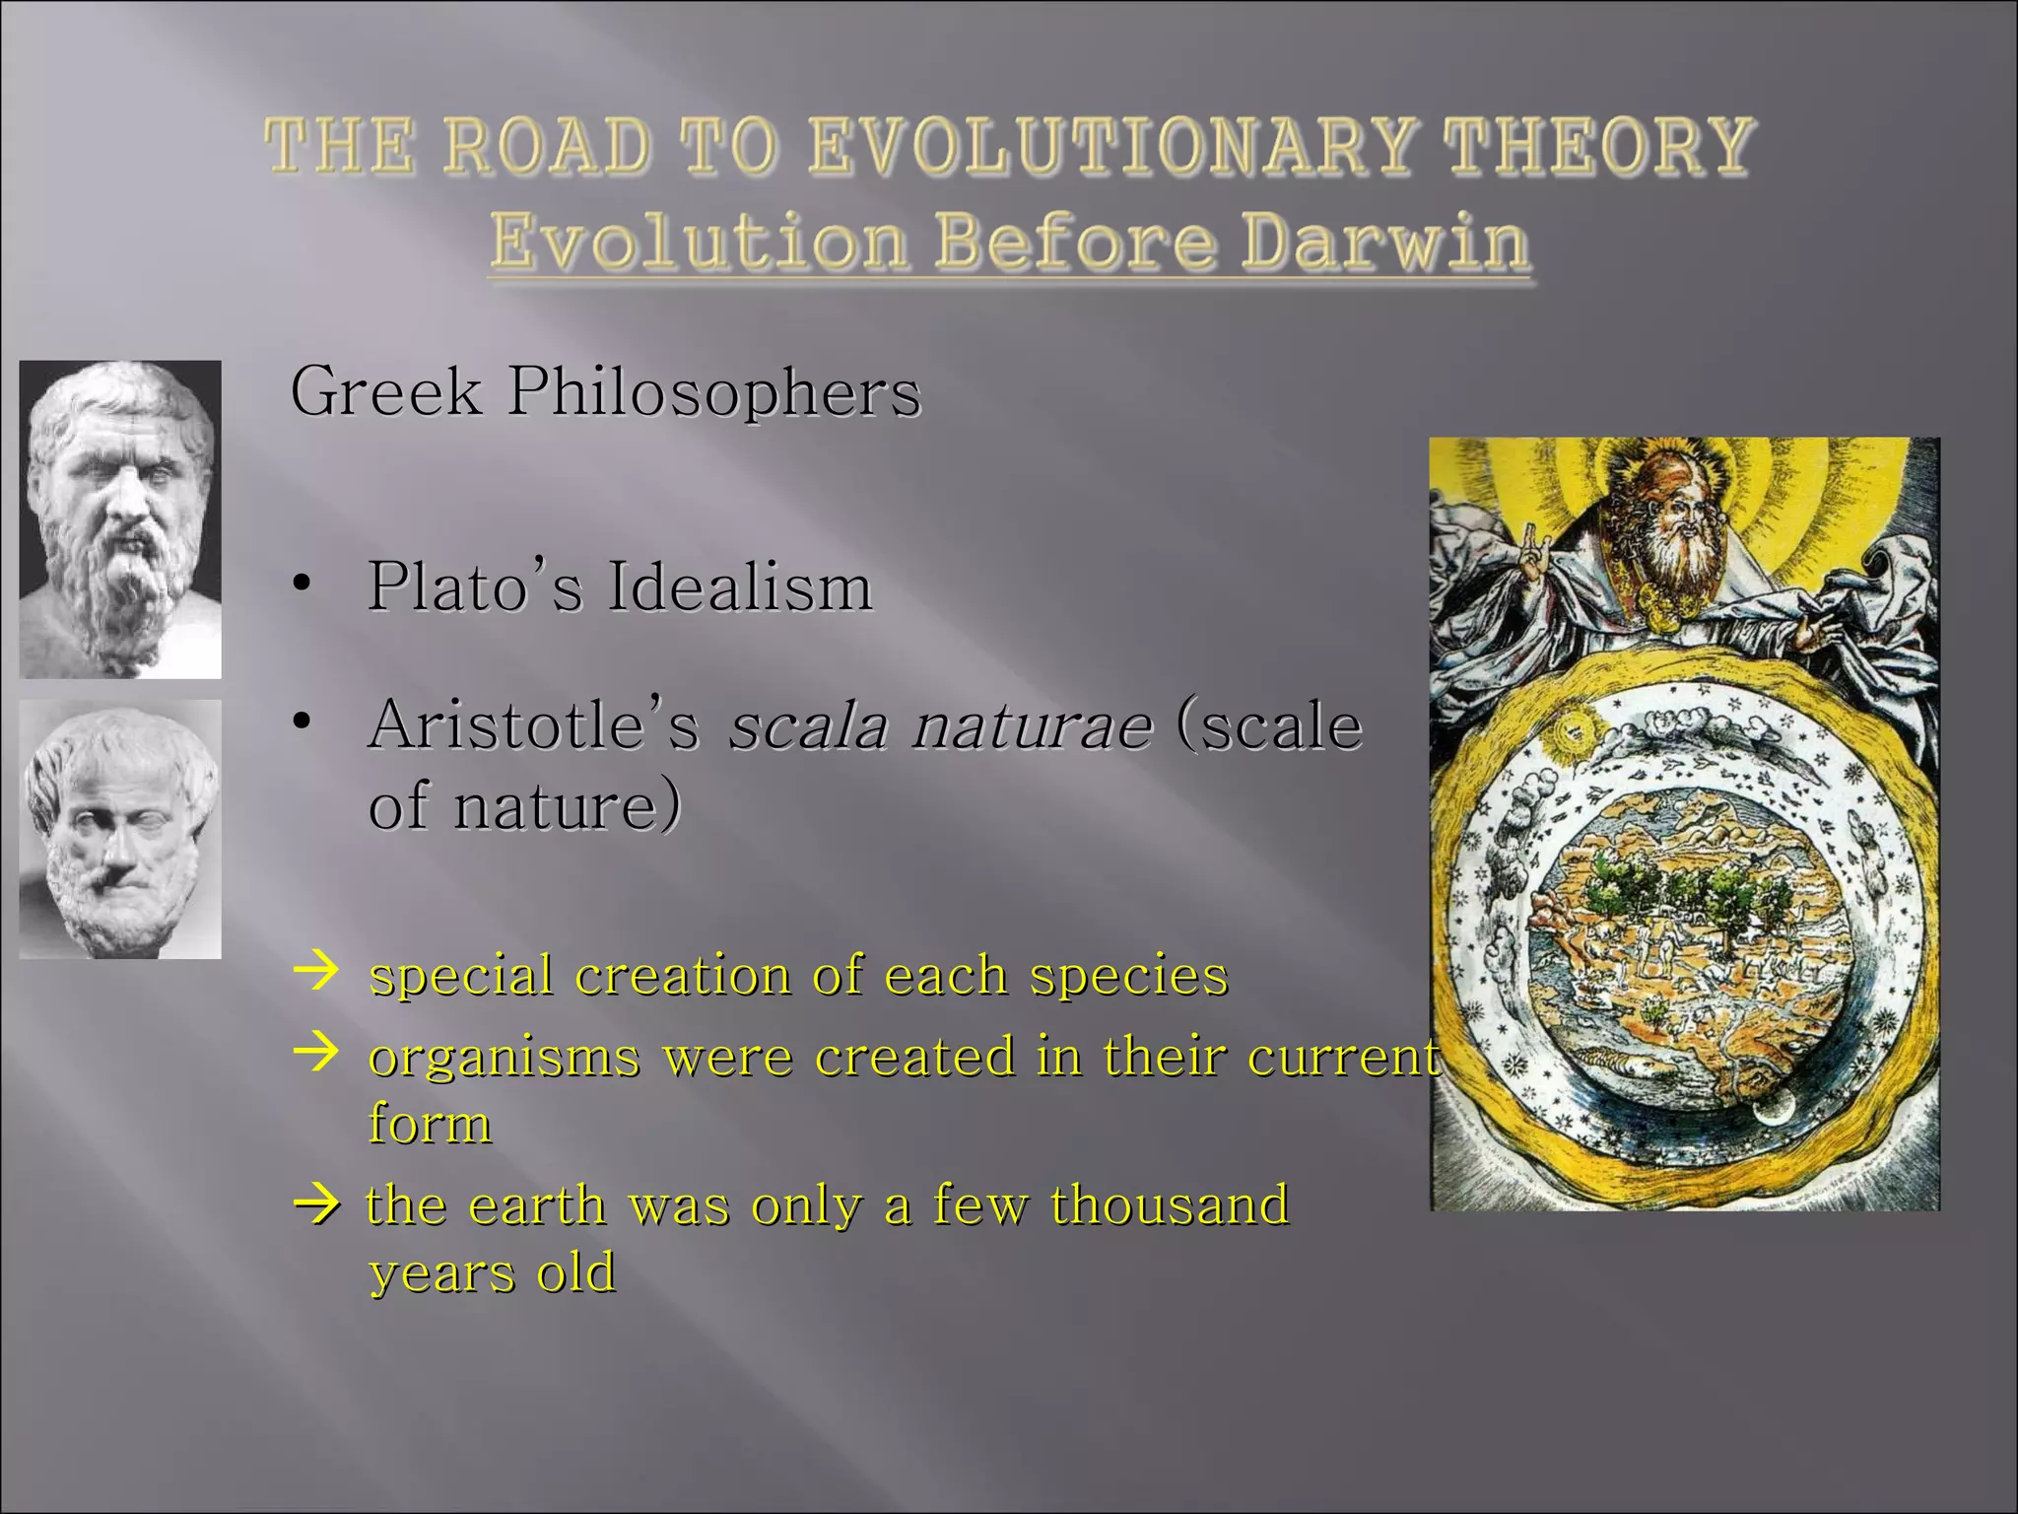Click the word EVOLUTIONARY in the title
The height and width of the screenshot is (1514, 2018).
point(1111,146)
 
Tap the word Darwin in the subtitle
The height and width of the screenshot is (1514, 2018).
point(1384,241)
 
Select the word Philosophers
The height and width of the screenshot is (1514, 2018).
point(714,392)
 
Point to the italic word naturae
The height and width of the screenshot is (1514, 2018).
point(1032,726)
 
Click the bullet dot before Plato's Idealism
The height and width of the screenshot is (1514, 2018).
point(303,585)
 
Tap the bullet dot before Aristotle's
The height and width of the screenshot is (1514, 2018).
point(303,723)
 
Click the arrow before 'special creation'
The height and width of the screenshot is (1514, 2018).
point(316,972)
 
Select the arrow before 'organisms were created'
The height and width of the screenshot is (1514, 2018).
point(316,1054)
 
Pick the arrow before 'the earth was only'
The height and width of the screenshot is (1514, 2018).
point(316,1204)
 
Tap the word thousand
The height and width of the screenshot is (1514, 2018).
point(1170,1204)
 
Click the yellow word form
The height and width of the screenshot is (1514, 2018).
point(430,1124)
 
